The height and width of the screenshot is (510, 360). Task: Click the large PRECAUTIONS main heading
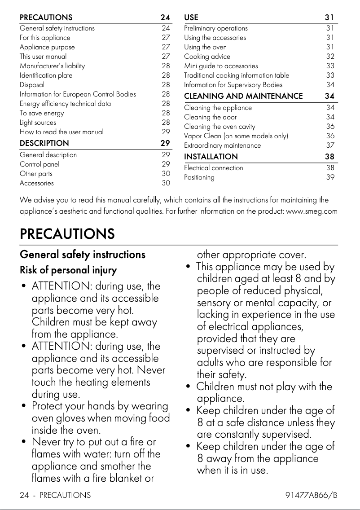pos(67,234)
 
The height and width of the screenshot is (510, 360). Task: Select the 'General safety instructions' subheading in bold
pos(83,255)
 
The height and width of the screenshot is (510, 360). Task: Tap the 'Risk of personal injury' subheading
pos(68,270)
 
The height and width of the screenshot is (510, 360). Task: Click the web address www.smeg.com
pos(312,211)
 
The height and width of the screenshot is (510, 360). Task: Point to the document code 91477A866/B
pos(311,495)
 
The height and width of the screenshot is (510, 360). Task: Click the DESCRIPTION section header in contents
pos(44,143)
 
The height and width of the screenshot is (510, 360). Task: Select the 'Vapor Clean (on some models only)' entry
pos(236,136)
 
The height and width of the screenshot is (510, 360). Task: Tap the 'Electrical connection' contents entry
pos(214,168)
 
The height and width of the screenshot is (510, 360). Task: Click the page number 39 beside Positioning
pos(330,177)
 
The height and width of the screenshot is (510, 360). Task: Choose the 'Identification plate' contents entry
pos(46,75)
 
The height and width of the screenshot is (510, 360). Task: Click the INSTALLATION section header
pos(211,157)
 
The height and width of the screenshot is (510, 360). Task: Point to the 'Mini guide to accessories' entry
pos(221,66)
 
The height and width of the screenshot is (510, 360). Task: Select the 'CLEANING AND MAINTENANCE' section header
pos(243,96)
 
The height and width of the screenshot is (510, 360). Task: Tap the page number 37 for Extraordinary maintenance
pos(330,145)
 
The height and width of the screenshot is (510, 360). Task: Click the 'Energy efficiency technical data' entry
pos(65,104)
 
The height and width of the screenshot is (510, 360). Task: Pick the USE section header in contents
pos(191,18)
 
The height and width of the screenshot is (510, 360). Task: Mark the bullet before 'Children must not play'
pos(189,387)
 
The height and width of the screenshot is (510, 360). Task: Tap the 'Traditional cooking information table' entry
pos(237,75)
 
